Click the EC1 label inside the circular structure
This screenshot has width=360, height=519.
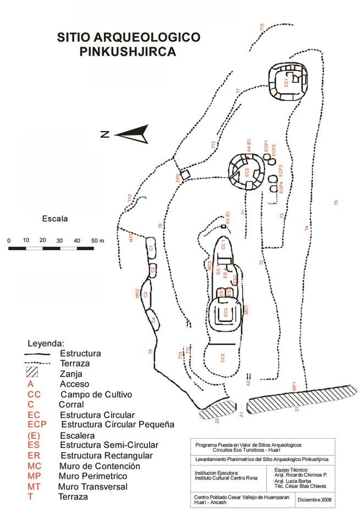(x=286, y=82)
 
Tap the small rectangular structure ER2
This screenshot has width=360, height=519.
(x=185, y=174)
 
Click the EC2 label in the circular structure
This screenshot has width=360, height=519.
(x=247, y=171)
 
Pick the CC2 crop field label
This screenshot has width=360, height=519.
(x=223, y=358)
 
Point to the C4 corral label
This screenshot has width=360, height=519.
(x=154, y=319)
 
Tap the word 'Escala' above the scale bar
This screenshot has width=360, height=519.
(x=54, y=219)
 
